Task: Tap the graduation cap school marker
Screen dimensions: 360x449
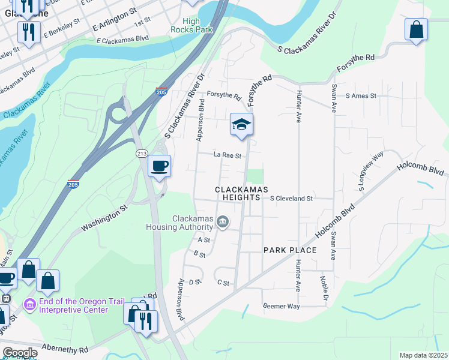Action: (x=241, y=125)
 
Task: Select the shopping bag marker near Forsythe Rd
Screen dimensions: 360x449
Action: (x=416, y=30)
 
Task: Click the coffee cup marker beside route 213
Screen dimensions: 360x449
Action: (x=159, y=166)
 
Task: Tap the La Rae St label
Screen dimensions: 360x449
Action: (x=228, y=155)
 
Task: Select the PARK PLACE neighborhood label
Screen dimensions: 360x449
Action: (x=290, y=250)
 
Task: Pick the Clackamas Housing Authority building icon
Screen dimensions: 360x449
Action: (x=222, y=223)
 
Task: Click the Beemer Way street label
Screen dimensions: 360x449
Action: (x=281, y=306)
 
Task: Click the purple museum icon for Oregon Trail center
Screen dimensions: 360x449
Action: (x=29, y=305)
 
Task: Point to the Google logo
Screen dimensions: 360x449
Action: (x=20, y=353)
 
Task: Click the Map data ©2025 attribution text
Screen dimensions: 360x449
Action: (x=423, y=355)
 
